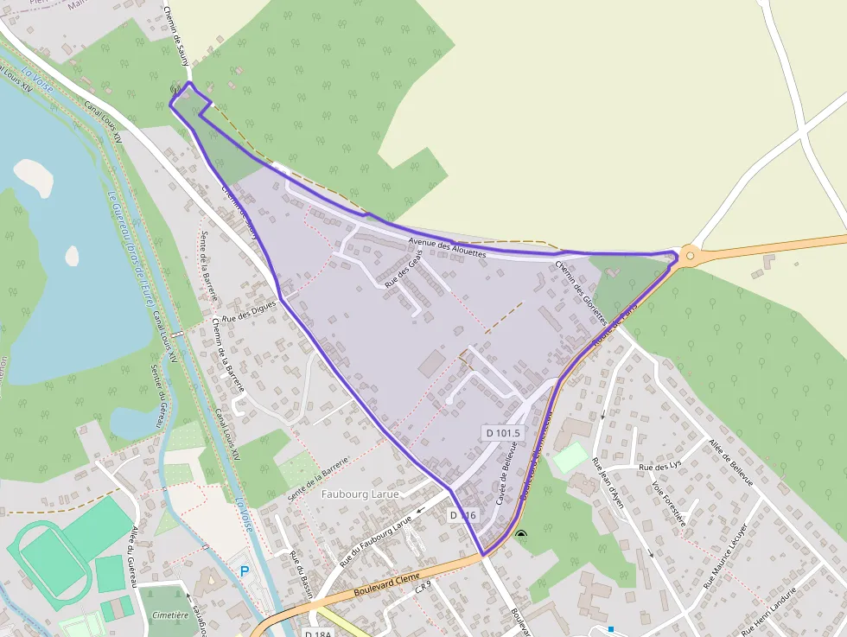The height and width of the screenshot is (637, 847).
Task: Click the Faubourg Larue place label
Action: point(360,494)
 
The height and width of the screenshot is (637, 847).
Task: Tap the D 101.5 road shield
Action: point(502,432)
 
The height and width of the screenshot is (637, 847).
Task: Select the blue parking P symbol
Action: point(245,571)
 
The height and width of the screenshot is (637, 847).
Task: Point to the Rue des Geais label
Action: point(404,271)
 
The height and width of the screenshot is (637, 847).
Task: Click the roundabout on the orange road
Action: point(690,256)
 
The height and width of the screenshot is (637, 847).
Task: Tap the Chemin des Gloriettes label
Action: point(581,292)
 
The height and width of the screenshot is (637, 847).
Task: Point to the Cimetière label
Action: point(169,615)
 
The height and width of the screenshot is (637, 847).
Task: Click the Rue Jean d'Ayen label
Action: point(608,483)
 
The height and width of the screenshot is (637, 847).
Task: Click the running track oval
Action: point(49,558)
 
